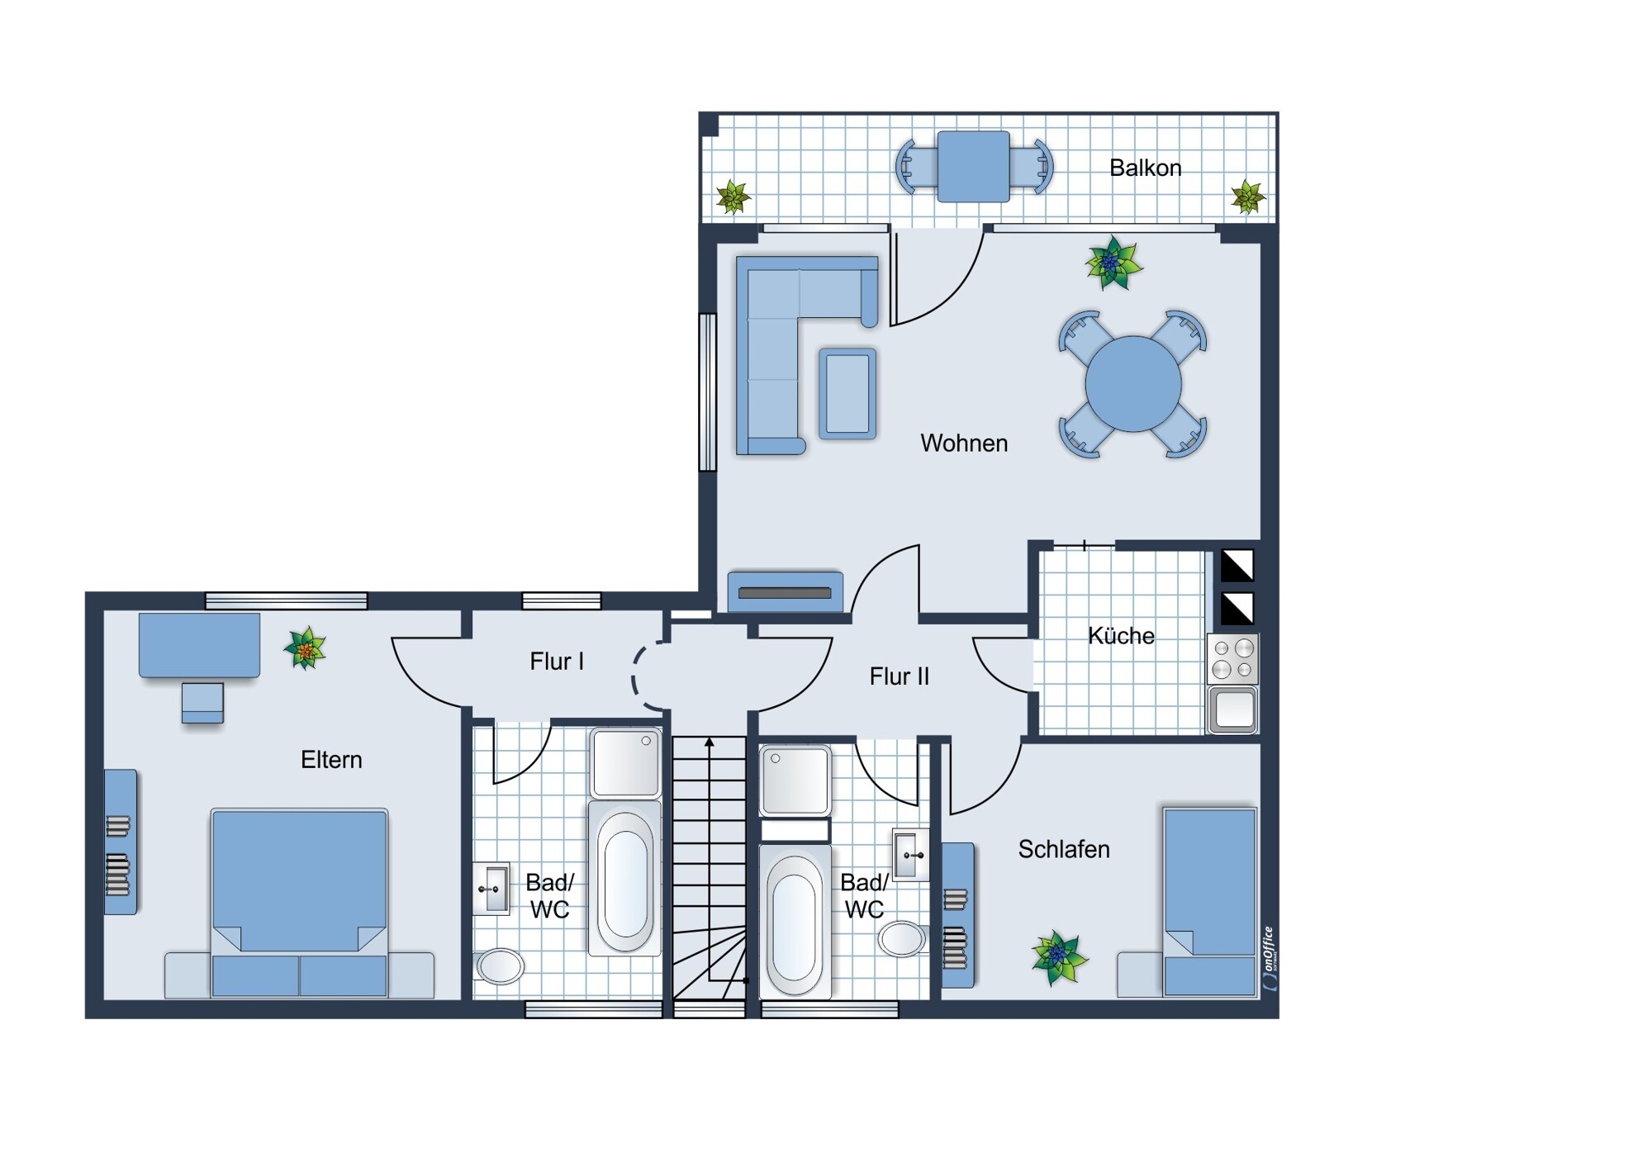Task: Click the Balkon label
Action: point(1145,168)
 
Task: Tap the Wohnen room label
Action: point(964,444)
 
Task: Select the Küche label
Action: point(1121,635)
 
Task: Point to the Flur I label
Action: point(557,662)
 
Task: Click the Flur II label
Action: point(900,677)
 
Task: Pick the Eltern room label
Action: point(331,760)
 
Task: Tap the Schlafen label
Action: point(1064,849)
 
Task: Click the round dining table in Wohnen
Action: point(1133,384)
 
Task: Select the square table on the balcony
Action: point(973,166)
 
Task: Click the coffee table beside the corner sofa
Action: point(847,393)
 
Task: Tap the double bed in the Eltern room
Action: point(299,903)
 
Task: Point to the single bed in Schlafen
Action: point(1209,902)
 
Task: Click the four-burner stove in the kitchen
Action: point(1232,659)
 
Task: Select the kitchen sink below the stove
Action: point(1232,709)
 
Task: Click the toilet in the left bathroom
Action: point(499,965)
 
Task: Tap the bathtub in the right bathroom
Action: point(795,920)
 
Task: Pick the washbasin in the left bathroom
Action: point(491,889)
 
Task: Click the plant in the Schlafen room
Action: point(1059,957)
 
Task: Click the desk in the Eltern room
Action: point(199,645)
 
